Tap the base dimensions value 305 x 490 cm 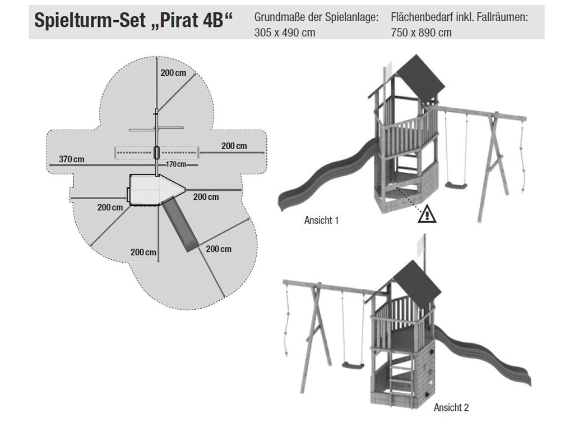click(x=284, y=33)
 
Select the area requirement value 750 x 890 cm click(x=421, y=33)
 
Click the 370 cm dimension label click(x=72, y=159)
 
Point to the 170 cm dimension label click(x=176, y=164)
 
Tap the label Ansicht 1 click(x=321, y=220)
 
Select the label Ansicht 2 click(x=451, y=407)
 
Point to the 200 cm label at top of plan click(x=173, y=72)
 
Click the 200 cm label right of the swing click(x=234, y=146)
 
